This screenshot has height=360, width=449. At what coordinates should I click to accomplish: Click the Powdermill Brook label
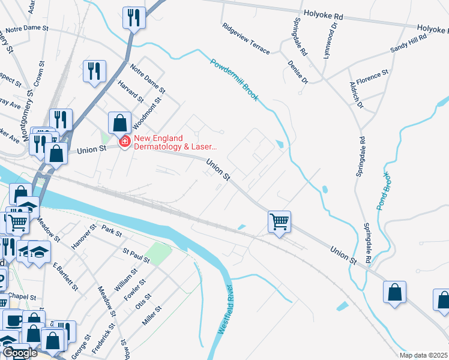[234, 80]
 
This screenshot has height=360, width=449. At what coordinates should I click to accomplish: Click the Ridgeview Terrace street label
[246, 38]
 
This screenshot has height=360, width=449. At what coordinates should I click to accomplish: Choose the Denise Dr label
[297, 71]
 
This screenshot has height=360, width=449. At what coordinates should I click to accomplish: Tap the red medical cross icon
[125, 142]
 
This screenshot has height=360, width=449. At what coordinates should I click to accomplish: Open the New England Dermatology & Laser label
[174, 142]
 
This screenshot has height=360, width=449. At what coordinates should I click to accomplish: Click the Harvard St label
[131, 91]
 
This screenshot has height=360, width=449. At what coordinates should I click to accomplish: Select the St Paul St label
[136, 255]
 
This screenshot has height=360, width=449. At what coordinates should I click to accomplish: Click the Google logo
[20, 353]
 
